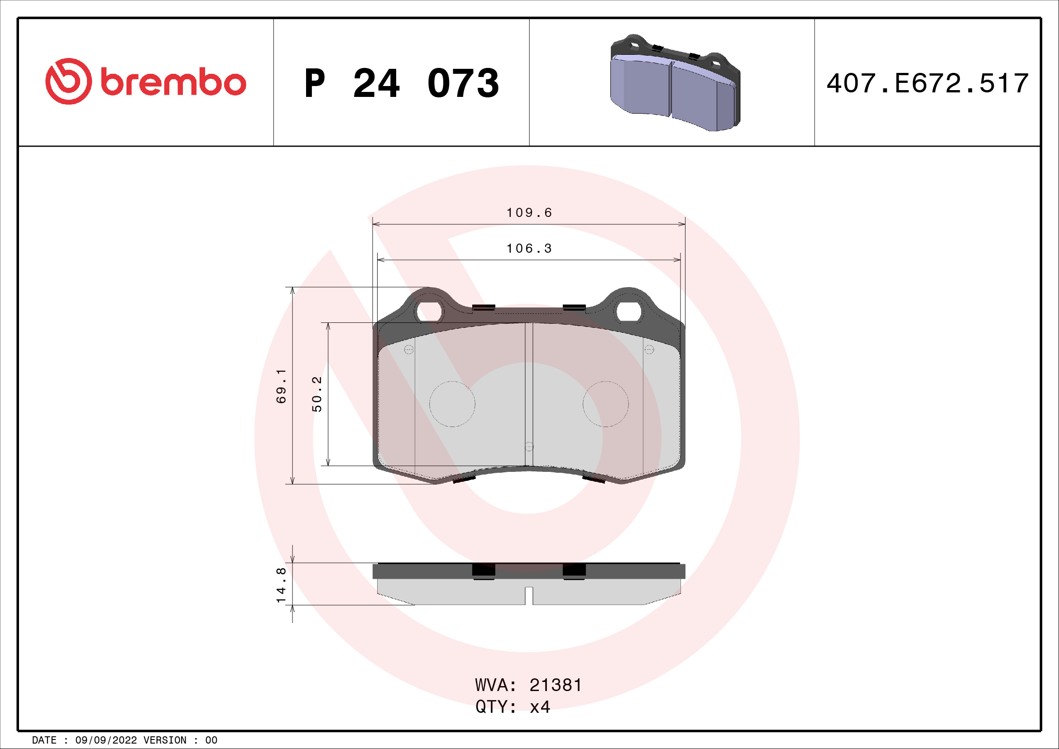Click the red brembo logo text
tap(173, 82)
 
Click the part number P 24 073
tap(402, 83)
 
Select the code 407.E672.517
tap(928, 83)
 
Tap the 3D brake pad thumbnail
tap(675, 82)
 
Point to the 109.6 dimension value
tap(529, 213)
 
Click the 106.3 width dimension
tap(529, 249)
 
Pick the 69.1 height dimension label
tap(281, 386)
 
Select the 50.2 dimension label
tap(317, 394)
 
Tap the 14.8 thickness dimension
tap(281, 585)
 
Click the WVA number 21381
tap(556, 685)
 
